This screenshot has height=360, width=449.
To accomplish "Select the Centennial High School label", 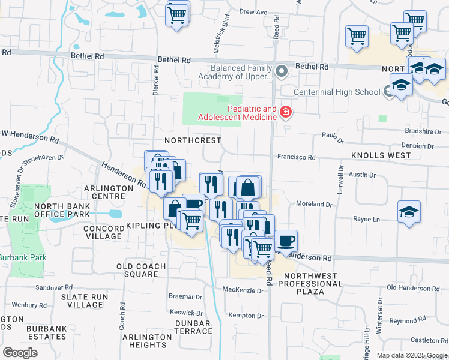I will (x=336, y=92).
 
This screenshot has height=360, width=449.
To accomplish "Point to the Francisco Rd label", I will (x=296, y=157).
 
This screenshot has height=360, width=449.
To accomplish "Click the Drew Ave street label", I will (x=253, y=11).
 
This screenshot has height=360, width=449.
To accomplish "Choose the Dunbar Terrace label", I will (x=193, y=327).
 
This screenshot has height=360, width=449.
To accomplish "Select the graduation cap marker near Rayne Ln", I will (x=409, y=212).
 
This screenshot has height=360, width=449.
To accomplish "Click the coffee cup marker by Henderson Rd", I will (x=286, y=240).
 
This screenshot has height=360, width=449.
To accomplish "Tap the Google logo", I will (x=20, y=353).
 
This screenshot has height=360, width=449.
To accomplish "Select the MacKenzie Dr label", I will (x=243, y=290).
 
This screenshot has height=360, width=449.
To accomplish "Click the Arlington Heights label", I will (x=145, y=341).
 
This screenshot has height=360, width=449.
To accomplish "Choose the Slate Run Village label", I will (x=85, y=301).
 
